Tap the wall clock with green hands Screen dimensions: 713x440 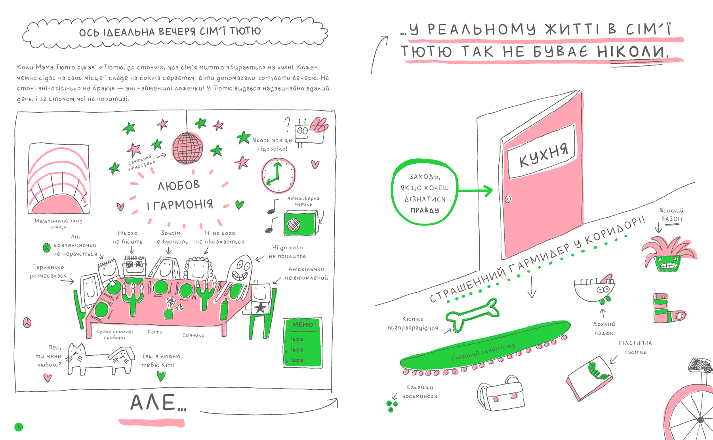pyautogui.click(x=278, y=175)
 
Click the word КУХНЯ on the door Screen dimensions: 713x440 pyautogui.click(x=543, y=155)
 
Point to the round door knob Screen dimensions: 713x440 pyautogui.click(x=508, y=199)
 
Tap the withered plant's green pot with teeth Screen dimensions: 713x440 pyautogui.click(x=668, y=263)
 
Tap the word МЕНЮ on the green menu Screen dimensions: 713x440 pyautogui.click(x=303, y=324)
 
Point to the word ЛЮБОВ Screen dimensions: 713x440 pyautogui.click(x=179, y=185)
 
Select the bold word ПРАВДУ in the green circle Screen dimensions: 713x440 pyautogui.click(x=425, y=210)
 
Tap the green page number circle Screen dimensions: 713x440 pyautogui.click(x=19, y=427)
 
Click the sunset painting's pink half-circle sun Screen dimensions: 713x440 pyautogui.click(x=57, y=205)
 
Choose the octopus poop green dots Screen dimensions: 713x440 pyautogui.click(x=392, y=406)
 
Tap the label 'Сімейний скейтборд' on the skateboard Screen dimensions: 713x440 pyautogui.click(x=483, y=352)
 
